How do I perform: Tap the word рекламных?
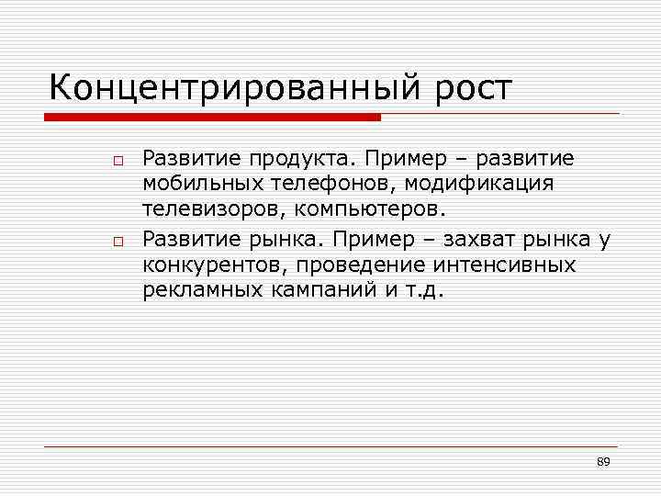(x=198, y=291)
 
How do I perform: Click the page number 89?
(x=603, y=461)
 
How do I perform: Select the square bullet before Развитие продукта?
(x=118, y=161)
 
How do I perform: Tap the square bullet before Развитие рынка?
(x=118, y=242)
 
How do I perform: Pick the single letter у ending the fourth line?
(x=603, y=242)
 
